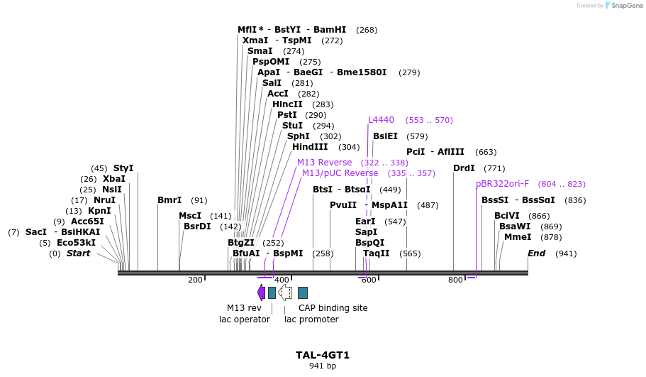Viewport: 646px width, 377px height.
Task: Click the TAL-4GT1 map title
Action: [x=323, y=355]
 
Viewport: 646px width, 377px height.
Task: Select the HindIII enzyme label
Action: [x=310, y=147]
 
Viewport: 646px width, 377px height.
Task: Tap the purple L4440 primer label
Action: [x=381, y=120]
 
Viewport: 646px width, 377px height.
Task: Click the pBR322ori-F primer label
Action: [x=502, y=184]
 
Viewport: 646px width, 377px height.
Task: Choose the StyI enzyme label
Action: [x=123, y=168]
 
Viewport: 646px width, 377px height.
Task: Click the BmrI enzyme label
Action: [x=169, y=200]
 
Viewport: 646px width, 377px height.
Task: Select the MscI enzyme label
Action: [x=190, y=216]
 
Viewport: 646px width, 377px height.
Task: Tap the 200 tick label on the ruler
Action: [x=195, y=280]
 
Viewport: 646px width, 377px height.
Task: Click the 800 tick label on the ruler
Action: [x=455, y=280]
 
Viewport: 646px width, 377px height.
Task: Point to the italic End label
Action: [x=537, y=253]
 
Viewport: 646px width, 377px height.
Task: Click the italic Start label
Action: [x=78, y=253]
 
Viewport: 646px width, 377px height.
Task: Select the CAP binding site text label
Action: [x=333, y=308]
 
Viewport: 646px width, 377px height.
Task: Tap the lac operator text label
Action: [x=245, y=319]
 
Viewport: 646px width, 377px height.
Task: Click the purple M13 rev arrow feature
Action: [x=261, y=293]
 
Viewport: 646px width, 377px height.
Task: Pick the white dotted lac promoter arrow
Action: [x=285, y=293]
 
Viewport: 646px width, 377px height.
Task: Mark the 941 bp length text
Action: [x=323, y=366]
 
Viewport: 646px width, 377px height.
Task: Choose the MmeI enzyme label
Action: [x=518, y=237]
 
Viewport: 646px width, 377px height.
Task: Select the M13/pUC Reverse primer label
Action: [x=340, y=173]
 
